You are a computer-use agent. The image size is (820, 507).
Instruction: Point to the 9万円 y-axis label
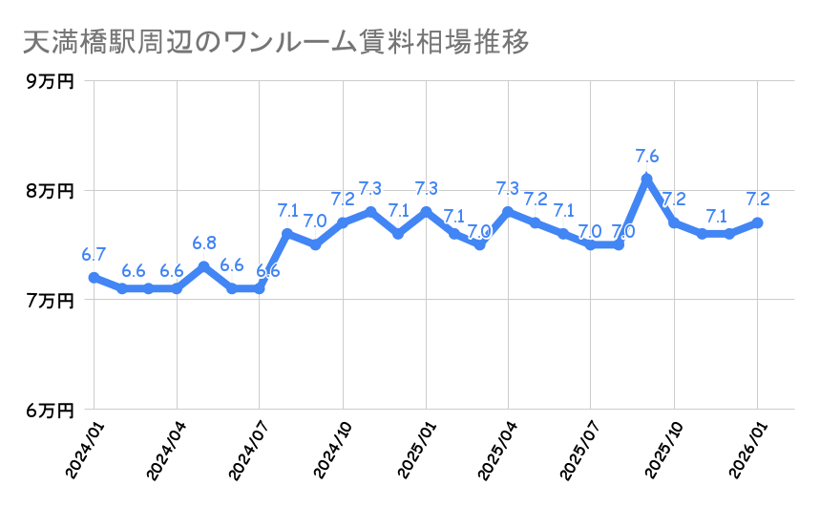(x=50, y=81)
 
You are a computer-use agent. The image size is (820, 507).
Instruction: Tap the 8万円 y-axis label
(x=50, y=191)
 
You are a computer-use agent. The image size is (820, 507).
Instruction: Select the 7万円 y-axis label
(x=50, y=301)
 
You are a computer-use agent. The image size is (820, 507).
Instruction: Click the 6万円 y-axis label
(x=50, y=411)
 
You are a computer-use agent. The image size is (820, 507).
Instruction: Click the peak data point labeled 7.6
(x=646, y=179)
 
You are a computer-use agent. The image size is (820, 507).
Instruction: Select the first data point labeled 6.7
(x=94, y=278)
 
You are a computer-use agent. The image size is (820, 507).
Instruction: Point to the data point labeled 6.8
(x=204, y=266)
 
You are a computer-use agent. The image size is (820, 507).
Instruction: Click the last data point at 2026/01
(x=757, y=222)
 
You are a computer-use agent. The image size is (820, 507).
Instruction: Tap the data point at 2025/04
(x=508, y=211)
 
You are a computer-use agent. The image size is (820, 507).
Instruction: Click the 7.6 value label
(x=647, y=156)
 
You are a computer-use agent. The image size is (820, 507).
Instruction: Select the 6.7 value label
(x=94, y=254)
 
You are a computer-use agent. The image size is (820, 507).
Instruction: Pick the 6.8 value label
(x=204, y=243)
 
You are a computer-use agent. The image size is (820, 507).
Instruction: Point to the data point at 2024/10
(x=343, y=222)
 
